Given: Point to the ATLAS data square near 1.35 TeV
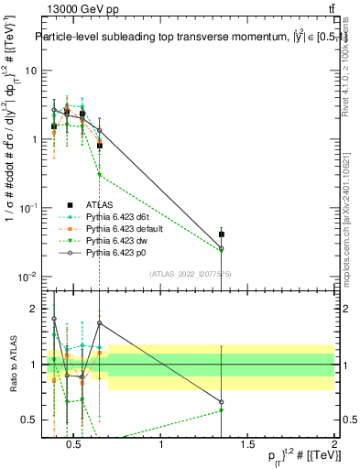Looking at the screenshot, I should coord(222,234).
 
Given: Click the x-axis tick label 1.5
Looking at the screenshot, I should coord(247,445).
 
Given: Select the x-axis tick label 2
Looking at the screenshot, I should coord(333,445).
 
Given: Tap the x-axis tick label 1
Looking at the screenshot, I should coord(162,445).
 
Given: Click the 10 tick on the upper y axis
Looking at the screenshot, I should coord(31,71).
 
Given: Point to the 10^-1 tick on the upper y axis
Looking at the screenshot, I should coord(29,208).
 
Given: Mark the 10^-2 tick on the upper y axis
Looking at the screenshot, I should coord(29,277).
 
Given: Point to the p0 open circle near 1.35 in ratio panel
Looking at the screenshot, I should coord(222,402).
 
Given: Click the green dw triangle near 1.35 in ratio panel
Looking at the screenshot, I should coord(222,409).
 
